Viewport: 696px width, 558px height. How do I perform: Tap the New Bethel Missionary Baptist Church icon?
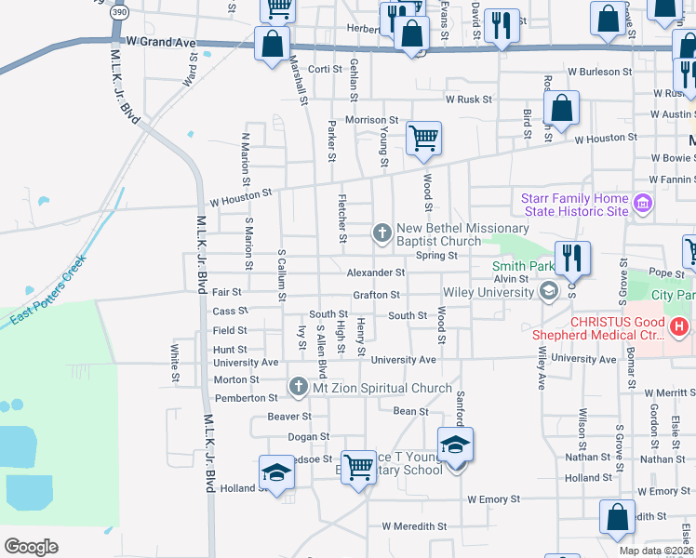[x=381, y=232]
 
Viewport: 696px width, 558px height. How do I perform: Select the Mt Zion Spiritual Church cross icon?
[x=298, y=385]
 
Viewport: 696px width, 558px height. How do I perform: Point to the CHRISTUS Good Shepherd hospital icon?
[x=679, y=326]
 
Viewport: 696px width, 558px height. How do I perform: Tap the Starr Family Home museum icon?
[x=641, y=204]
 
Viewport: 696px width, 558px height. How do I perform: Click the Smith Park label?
[x=522, y=266]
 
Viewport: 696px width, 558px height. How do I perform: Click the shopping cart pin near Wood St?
[x=423, y=139]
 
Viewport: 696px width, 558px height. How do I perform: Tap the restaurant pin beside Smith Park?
[x=571, y=258]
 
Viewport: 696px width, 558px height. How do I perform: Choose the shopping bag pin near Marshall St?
[x=272, y=44]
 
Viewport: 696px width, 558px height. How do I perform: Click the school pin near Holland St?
[x=275, y=474]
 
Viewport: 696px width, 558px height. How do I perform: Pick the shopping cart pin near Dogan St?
[x=357, y=466]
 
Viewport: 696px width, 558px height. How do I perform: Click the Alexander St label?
[x=376, y=273]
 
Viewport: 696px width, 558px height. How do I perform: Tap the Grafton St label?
[x=376, y=295]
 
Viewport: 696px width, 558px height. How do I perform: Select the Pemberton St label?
[x=241, y=398]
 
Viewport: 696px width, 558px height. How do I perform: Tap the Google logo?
[x=32, y=547]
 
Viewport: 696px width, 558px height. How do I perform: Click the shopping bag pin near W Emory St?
[x=618, y=517]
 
